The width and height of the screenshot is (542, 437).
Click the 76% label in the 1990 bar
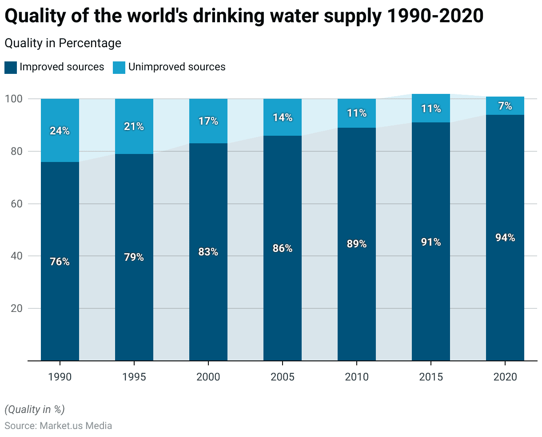click(60, 262)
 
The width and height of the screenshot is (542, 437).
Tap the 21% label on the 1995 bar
click(134, 126)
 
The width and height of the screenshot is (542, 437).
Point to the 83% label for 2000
click(208, 252)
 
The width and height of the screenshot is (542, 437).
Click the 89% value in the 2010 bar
click(357, 244)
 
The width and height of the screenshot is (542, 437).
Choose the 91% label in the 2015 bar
click(431, 242)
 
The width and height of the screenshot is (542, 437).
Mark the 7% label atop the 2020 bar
click(505, 106)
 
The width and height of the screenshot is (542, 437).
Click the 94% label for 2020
click(505, 238)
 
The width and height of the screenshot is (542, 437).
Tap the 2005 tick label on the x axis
click(283, 377)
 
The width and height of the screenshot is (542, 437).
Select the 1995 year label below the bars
click(134, 377)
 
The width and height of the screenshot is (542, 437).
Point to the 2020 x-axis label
click(505, 377)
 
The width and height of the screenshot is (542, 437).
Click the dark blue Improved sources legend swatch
click(11, 68)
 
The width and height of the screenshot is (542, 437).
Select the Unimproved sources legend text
click(177, 67)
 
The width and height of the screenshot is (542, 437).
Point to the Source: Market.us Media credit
click(58, 425)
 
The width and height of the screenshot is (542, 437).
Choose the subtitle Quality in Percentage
click(63, 43)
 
